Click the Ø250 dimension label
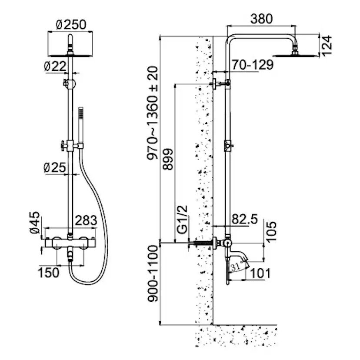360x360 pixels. tap(71, 24)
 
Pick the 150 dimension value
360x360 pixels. tap(49, 273)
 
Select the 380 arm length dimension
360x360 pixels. tap(262, 19)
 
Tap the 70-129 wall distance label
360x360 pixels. tap(252, 65)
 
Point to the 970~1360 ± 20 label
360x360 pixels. tap(153, 113)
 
